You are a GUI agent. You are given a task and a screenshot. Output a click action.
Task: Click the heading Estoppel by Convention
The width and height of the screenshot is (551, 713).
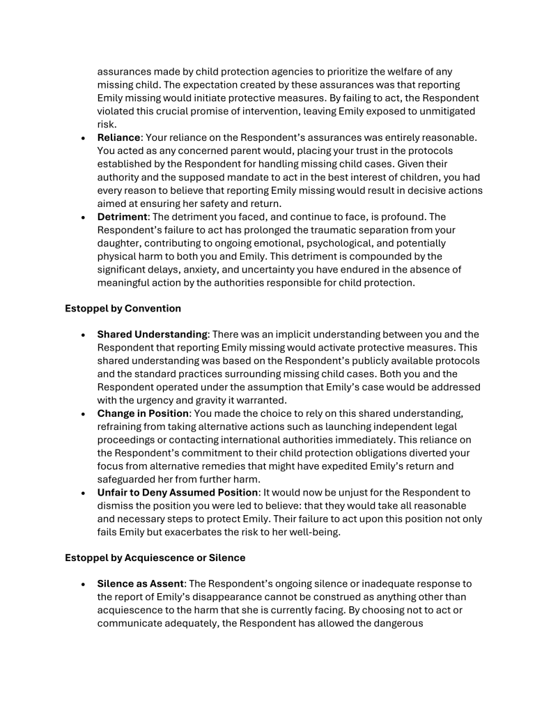tap(123, 307)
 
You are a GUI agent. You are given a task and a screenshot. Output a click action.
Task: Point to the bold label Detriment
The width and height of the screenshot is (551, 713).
tap(123, 217)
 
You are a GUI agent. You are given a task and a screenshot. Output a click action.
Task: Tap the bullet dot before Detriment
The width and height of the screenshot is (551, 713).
tap(83, 217)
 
